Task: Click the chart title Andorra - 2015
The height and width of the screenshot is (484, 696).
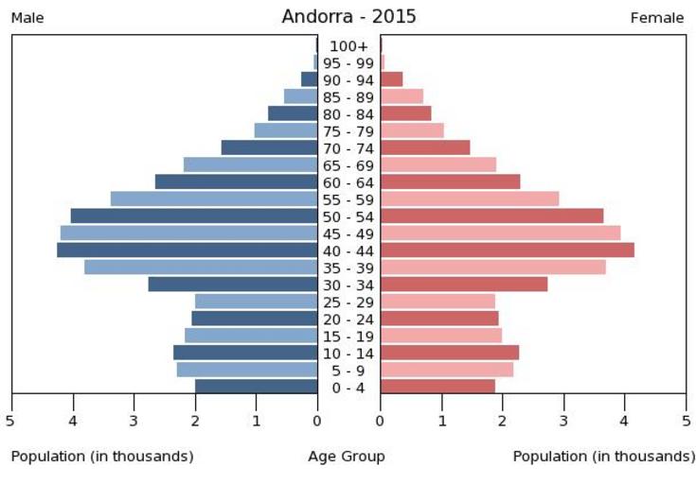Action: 348,17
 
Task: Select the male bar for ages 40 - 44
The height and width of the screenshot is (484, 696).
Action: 187,251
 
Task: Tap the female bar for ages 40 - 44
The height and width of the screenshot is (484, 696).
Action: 507,251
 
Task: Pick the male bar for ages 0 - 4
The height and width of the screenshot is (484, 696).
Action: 256,387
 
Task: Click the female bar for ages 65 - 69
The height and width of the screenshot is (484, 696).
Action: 437,164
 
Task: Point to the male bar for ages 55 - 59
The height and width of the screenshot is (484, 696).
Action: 214,199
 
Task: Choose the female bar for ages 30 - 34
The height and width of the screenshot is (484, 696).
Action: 463,285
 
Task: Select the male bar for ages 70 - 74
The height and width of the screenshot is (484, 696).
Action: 269,147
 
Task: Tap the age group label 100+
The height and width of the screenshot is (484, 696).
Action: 348,46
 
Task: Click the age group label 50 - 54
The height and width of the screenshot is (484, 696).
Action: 348,216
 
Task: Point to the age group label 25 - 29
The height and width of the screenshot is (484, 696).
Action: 348,302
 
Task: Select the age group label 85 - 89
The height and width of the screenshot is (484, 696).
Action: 348,97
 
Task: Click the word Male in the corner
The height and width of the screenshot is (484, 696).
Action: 27,18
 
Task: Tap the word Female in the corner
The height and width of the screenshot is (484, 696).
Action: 656,18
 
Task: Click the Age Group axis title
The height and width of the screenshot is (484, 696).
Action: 347,457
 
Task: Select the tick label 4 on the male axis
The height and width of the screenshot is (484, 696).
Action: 72,420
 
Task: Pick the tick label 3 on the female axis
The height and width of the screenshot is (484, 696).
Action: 563,420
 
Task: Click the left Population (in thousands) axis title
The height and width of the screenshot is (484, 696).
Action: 102,457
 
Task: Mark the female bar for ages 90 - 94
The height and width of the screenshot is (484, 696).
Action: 391,79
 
